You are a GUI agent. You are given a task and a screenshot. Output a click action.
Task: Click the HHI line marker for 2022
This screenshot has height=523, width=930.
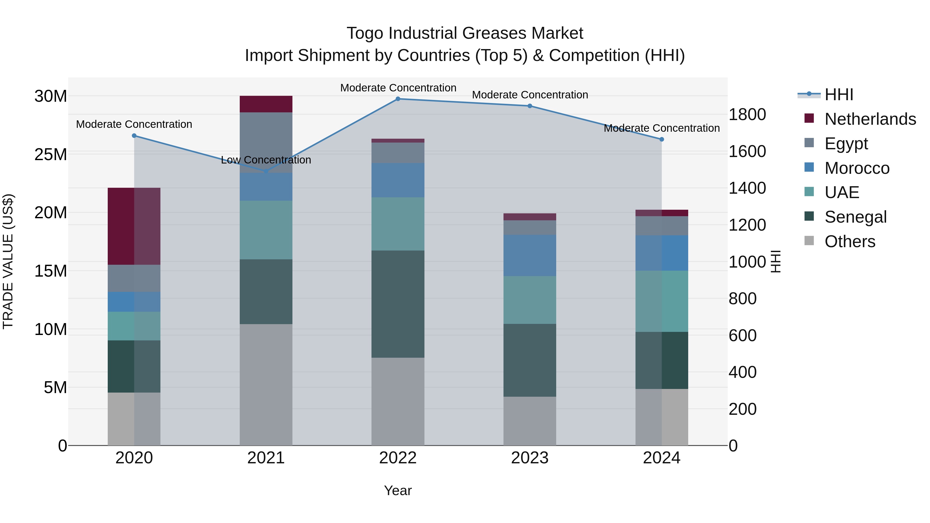398,99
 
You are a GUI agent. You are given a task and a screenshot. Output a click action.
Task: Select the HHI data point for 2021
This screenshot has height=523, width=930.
266,171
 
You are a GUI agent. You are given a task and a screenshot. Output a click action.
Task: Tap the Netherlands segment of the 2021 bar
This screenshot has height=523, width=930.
266,104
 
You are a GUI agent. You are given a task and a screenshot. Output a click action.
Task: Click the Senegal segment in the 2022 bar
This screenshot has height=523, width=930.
398,304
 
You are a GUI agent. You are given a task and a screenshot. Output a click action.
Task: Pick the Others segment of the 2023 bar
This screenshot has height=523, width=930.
530,421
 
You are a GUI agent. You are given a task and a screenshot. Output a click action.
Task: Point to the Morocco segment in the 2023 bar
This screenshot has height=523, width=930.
530,255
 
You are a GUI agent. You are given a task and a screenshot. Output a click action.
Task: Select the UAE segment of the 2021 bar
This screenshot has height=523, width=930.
266,230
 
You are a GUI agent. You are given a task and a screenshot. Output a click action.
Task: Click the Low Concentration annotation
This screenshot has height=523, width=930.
266,160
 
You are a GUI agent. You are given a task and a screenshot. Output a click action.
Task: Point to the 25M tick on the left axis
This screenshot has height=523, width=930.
51,154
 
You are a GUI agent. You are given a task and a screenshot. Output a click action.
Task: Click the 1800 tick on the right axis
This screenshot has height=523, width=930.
747,114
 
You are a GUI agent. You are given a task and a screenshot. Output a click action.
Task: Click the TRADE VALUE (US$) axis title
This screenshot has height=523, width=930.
8,261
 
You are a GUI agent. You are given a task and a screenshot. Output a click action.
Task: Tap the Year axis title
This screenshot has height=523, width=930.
398,490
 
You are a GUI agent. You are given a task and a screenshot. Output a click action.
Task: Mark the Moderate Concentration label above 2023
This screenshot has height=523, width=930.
530,95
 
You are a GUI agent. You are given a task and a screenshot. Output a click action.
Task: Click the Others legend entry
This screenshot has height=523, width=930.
849,241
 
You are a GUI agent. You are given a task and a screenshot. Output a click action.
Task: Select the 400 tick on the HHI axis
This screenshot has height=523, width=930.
742,372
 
